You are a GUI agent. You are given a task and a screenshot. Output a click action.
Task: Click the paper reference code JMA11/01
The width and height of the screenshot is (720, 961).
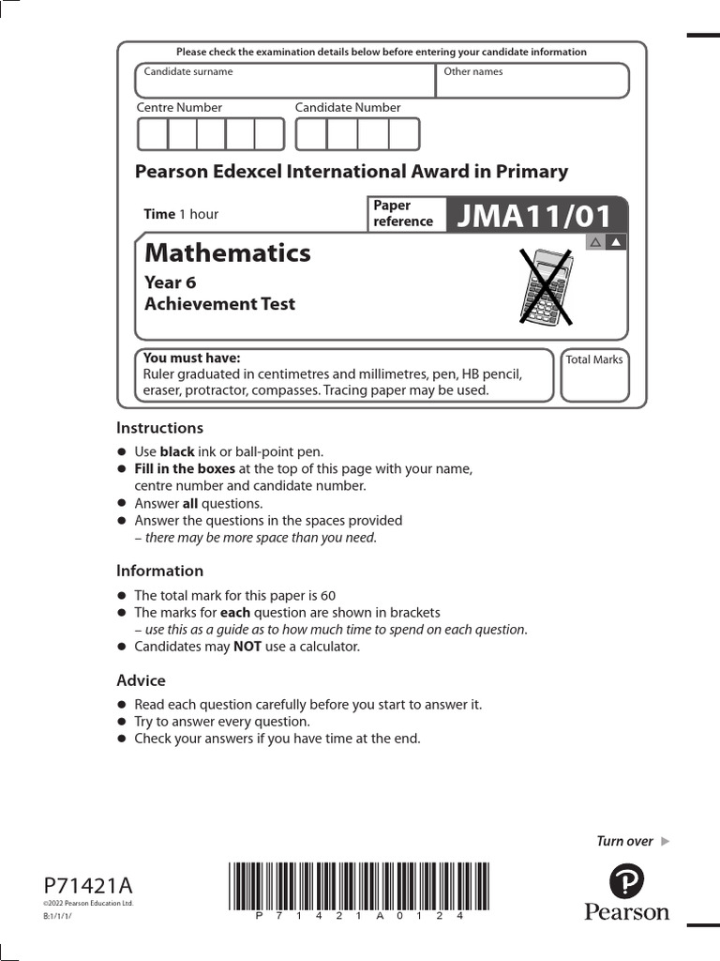533,216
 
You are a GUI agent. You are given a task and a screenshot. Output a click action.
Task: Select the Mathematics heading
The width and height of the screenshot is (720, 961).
227,252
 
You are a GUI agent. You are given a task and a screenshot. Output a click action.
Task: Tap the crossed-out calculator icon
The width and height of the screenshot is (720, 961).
546,285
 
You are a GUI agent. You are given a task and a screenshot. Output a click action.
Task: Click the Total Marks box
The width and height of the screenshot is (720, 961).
594,375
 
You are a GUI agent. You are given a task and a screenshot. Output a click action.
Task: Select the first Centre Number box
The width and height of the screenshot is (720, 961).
152,134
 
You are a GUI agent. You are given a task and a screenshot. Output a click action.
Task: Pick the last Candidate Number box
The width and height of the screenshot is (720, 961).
404,134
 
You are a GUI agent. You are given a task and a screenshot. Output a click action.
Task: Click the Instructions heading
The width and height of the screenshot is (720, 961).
159,428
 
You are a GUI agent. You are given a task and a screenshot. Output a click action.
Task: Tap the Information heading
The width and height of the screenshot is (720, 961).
159,571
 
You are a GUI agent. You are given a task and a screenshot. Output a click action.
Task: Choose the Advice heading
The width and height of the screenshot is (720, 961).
141,680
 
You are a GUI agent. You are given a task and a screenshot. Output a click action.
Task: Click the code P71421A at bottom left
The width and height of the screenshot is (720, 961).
88,886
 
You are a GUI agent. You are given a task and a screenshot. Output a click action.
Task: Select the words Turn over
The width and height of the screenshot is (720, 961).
624,841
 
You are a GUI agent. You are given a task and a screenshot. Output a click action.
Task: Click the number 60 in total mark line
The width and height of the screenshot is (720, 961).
327,595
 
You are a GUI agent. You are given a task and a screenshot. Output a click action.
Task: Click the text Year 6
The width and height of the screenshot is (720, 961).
170,282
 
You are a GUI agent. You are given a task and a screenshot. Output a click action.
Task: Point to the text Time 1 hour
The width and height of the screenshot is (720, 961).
181,214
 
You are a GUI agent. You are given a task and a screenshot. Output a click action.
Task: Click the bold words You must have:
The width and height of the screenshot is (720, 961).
191,358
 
